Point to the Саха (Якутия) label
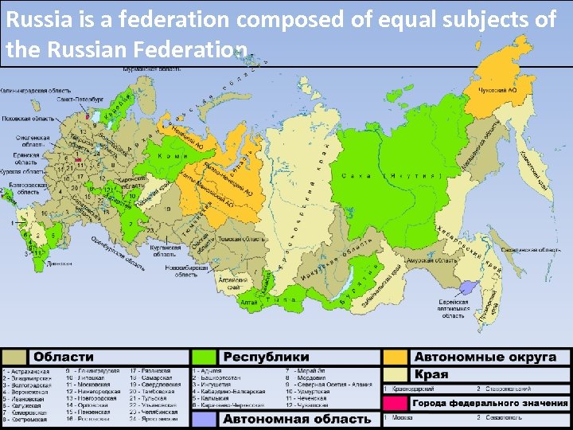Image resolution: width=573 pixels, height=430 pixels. [x=390, y=174]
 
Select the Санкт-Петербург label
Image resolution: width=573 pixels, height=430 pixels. [x=79, y=100]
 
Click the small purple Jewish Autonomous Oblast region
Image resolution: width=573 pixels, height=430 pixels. [x=469, y=288]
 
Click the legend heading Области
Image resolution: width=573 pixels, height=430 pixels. [x=63, y=358]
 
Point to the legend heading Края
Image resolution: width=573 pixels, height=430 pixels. [x=431, y=374]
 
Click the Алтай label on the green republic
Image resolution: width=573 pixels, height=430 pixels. [x=249, y=303]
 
